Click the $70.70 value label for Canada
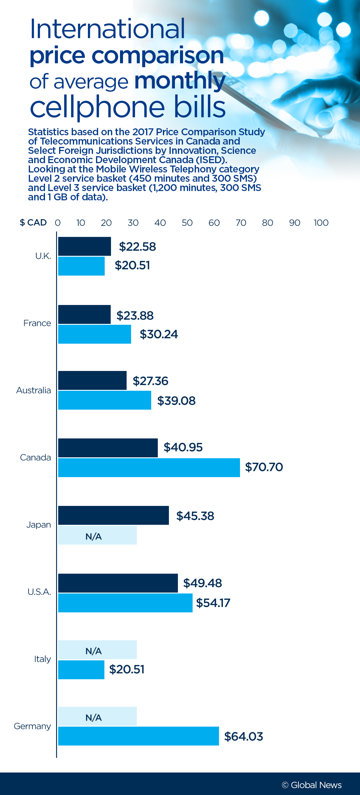pyautogui.click(x=264, y=467)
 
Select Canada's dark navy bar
pyautogui.click(x=108, y=447)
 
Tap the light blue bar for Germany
pyautogui.click(x=138, y=736)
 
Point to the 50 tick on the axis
pyautogui.click(x=187, y=223)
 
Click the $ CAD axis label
pyautogui.click(x=33, y=223)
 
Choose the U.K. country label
pyautogui.click(x=43, y=256)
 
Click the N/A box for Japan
pyautogui.click(x=97, y=536)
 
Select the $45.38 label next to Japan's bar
pyautogui.click(x=195, y=516)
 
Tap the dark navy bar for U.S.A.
pyautogui.click(x=118, y=583)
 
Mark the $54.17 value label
pyautogui.click(x=213, y=603)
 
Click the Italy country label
pyautogui.click(x=42, y=659)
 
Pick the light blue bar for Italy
pyautogui.click(x=81, y=669)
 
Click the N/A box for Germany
pyautogui.click(x=97, y=716)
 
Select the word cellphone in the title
pyautogui.click(x=97, y=107)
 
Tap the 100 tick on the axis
pyautogui.click(x=321, y=223)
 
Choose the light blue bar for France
pyautogui.click(x=94, y=334)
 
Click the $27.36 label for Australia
pyautogui.click(x=150, y=381)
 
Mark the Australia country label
pyautogui.click(x=33, y=390)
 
